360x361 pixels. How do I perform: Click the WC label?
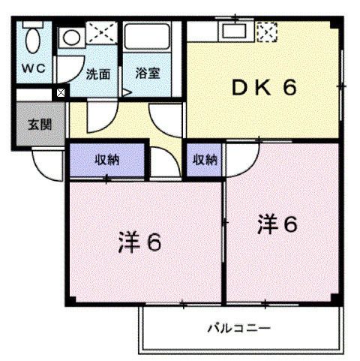pyautogui.click(x=33, y=68)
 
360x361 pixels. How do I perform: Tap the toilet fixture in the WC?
pyautogui.click(x=32, y=37)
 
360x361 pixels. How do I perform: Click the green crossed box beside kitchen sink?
pyautogui.click(x=265, y=32)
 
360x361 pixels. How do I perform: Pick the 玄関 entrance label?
pyautogui.click(x=40, y=125)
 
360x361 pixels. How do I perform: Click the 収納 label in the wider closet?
pyautogui.click(x=106, y=159)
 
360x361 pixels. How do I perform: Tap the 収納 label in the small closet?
pyautogui.click(x=205, y=159)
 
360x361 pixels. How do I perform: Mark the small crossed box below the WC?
pyautogui.click(x=60, y=93)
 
